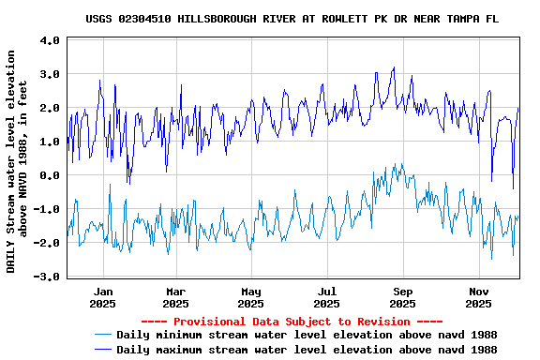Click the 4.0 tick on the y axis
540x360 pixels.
pos(50,40)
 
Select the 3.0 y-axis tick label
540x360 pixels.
pos(50,74)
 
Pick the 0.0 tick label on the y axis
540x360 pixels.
pos(50,175)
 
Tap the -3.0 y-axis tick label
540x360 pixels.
pos(47,277)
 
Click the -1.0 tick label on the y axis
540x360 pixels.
pos(47,209)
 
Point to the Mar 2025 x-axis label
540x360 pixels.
pos(175,297)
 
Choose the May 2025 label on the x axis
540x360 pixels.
pos(250,297)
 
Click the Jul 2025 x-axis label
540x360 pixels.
pos(326,297)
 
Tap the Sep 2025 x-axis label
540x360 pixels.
pos(402,297)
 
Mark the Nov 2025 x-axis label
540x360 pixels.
pos(478,297)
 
